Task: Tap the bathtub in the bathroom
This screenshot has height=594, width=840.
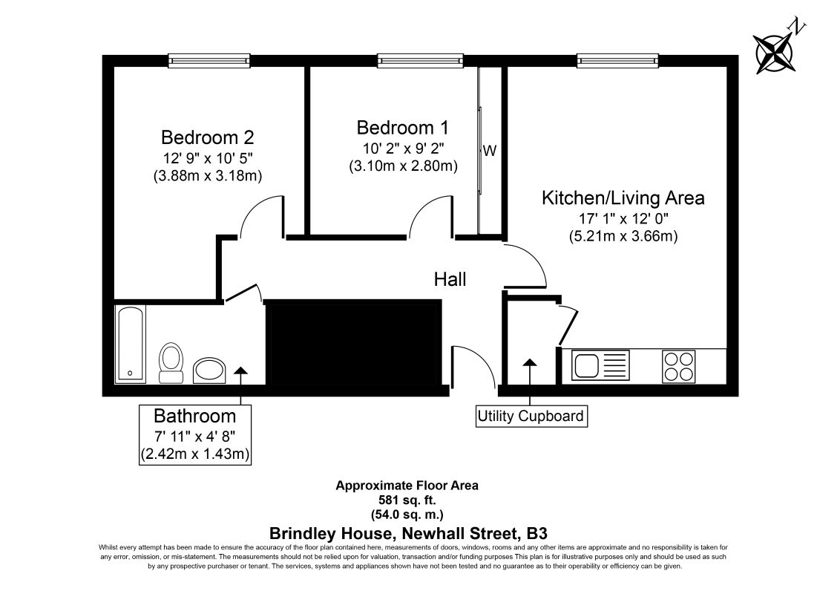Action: [x=130, y=344]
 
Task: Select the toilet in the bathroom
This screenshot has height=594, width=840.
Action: [x=171, y=363]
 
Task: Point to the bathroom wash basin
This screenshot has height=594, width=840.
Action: [x=209, y=371]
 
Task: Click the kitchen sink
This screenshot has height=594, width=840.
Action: [x=600, y=365]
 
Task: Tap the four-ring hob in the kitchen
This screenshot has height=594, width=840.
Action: [x=679, y=366]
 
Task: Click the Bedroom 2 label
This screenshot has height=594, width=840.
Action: [x=207, y=137]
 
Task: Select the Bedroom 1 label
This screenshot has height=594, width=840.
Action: [x=403, y=128]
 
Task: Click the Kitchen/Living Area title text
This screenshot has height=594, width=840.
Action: [x=623, y=198]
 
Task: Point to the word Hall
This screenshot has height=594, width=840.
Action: [x=450, y=279]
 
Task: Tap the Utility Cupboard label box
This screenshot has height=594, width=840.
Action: [x=531, y=416]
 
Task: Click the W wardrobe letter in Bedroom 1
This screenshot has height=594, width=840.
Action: [x=490, y=151]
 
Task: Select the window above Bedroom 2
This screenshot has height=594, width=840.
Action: [x=209, y=61]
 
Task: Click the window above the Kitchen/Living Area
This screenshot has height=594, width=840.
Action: [x=617, y=61]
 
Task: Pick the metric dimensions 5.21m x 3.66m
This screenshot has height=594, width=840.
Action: [x=623, y=236]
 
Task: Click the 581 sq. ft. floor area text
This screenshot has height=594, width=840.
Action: [x=407, y=500]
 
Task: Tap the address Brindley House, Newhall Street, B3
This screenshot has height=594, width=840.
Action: [x=408, y=534]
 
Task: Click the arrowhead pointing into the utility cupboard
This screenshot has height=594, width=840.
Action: [x=530, y=362]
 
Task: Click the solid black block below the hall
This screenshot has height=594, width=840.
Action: [x=355, y=342]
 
